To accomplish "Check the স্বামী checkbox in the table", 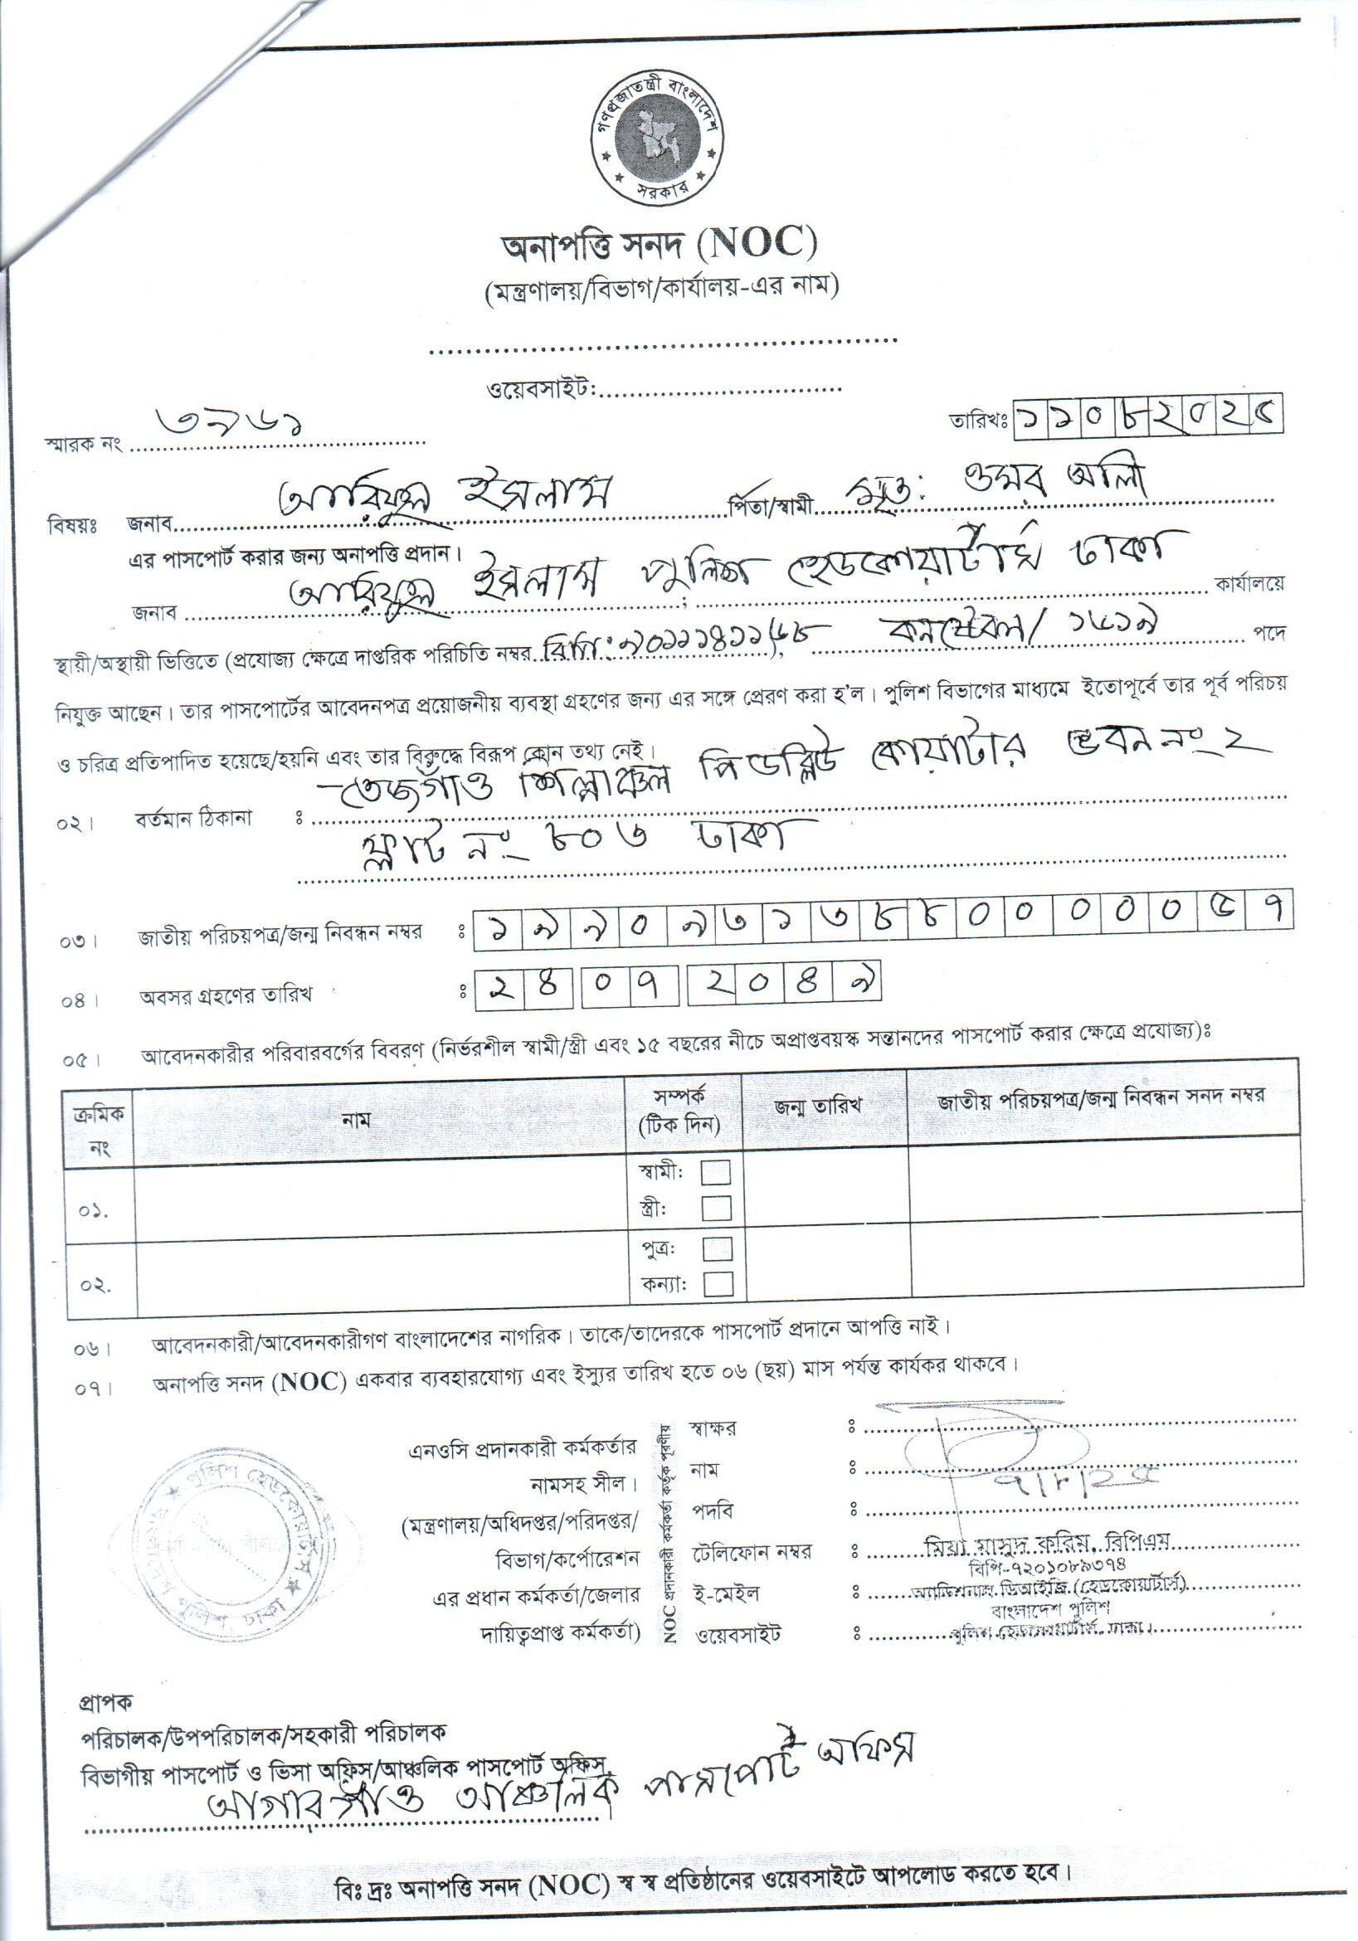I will [716, 1173].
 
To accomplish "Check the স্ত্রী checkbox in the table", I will [716, 1208].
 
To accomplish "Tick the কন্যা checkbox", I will [717, 1284].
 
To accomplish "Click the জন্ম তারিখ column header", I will [818, 1106].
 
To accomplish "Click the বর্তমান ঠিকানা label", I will [192, 819].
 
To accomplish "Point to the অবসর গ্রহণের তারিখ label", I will [226, 995].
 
